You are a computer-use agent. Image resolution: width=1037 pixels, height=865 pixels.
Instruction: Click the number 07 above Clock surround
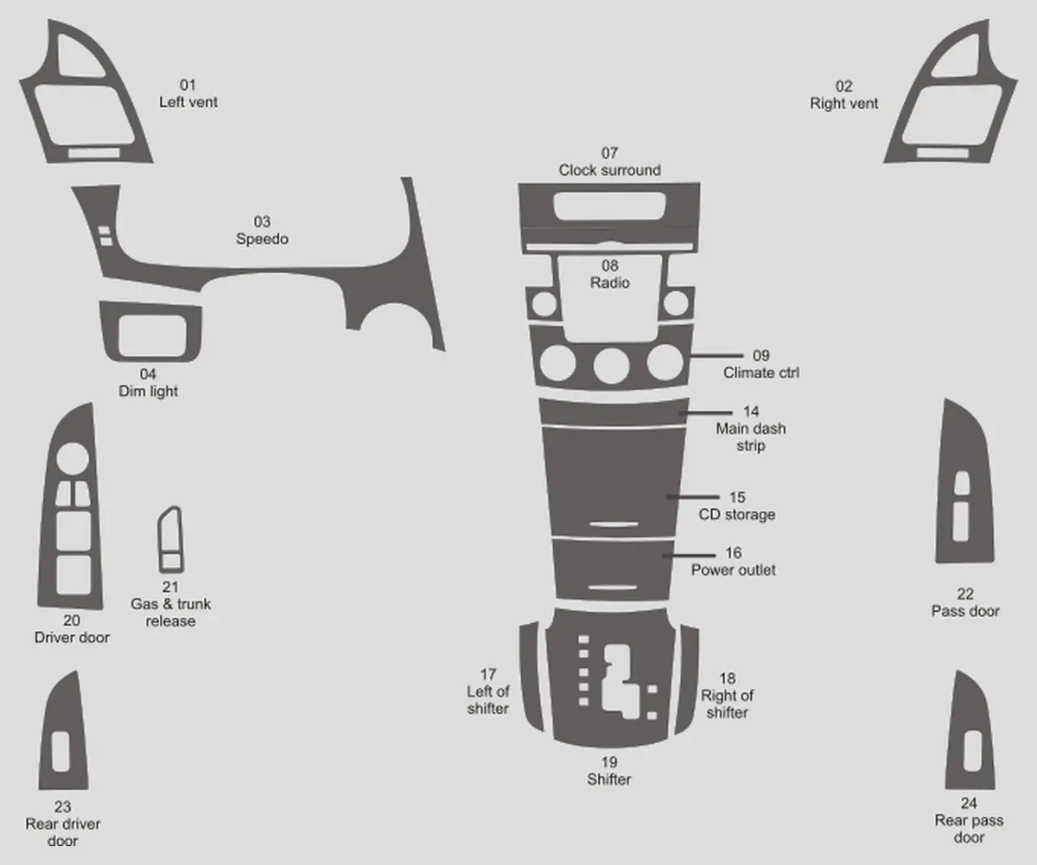click(x=609, y=153)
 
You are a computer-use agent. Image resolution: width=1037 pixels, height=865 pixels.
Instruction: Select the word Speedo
click(x=262, y=239)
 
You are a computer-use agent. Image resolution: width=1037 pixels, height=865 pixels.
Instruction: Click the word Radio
click(x=610, y=283)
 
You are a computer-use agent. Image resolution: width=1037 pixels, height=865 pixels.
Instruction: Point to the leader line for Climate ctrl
click(x=716, y=355)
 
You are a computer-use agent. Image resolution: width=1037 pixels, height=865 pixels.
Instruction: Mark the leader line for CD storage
click(x=692, y=497)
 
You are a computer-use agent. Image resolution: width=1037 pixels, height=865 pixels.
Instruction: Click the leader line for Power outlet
click(x=689, y=555)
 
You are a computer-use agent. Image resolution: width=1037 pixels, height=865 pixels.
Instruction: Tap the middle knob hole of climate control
click(x=611, y=366)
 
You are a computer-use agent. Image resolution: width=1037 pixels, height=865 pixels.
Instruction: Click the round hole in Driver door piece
click(x=73, y=458)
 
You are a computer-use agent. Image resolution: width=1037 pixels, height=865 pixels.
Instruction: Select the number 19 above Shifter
click(x=609, y=761)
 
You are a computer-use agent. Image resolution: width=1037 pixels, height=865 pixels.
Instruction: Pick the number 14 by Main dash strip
click(x=751, y=411)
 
